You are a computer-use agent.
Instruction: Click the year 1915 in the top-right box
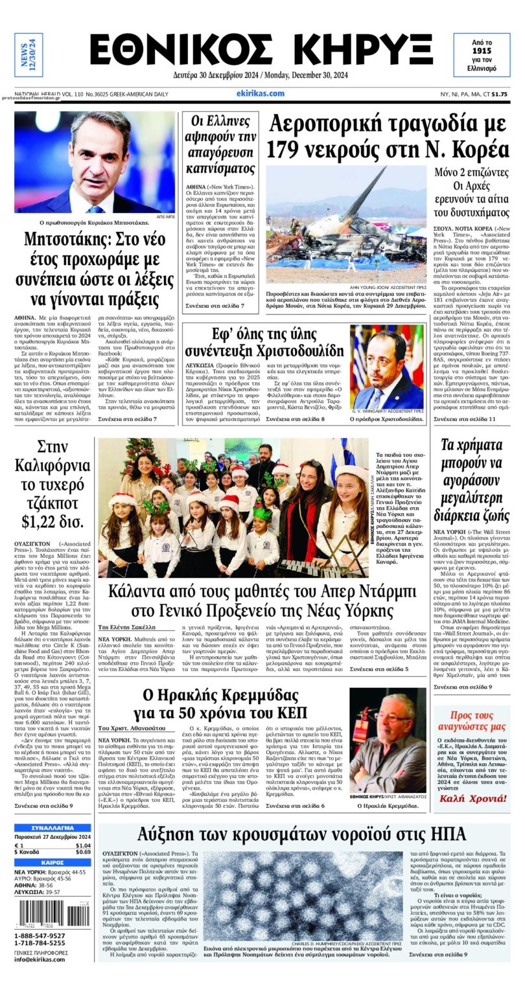[x=481, y=50]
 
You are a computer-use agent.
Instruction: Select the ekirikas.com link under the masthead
[x=260, y=93]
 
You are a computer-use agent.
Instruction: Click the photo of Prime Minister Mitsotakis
[x=95, y=162]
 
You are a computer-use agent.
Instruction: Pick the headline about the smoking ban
[x=220, y=144]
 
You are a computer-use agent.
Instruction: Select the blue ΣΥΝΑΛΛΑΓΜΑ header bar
[x=52, y=828]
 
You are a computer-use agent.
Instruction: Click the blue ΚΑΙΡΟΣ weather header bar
[x=52, y=863]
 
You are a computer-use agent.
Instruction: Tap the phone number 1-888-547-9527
[x=40, y=935]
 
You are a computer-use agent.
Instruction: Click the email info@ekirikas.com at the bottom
[x=40, y=959]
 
